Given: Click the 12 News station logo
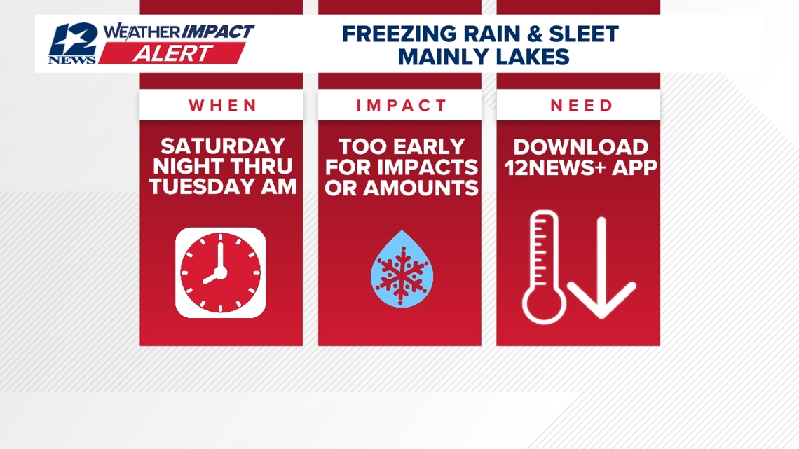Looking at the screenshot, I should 73,44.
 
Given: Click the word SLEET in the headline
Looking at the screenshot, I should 583,34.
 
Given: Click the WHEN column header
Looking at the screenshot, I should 221,106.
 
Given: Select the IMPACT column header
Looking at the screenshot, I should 400,106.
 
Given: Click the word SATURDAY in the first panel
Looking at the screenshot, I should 223,146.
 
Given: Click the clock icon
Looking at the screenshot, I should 221,272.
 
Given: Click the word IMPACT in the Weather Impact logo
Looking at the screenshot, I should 218,32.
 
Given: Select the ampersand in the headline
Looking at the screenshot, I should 535,34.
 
